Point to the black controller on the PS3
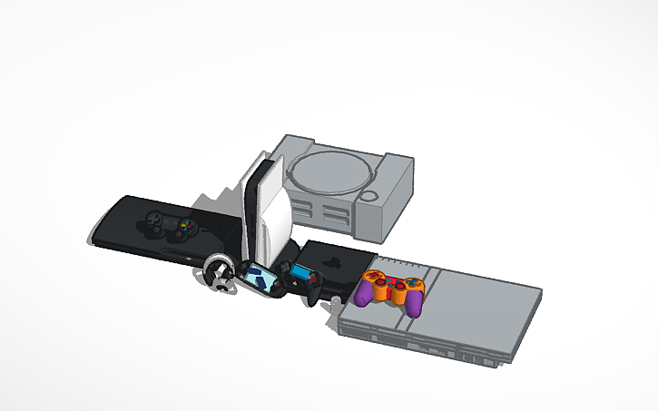click(x=172, y=224)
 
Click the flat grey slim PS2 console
click(x=454, y=313)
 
